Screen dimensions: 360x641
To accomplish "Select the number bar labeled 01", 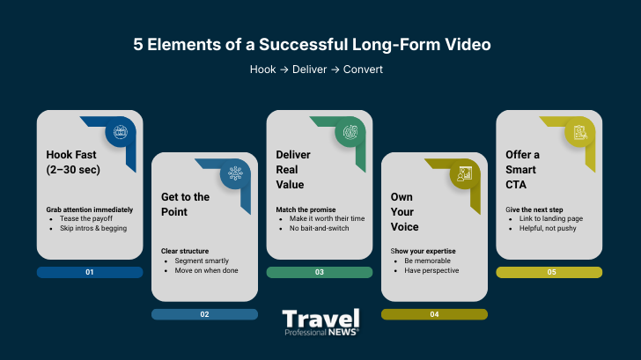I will (x=90, y=272).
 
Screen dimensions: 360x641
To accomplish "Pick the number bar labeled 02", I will (x=204, y=314).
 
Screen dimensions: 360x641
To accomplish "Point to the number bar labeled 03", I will (x=320, y=272).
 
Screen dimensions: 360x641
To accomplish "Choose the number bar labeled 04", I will (x=434, y=314).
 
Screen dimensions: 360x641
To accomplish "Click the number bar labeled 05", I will (x=549, y=272).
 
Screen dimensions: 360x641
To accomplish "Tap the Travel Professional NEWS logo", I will (x=320, y=323).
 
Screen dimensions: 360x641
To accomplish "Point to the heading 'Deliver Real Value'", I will (x=292, y=170).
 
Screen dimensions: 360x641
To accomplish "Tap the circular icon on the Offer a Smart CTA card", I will (x=578, y=133).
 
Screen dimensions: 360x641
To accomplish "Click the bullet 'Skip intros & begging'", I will (x=93, y=228).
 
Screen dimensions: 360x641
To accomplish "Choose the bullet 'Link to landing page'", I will (x=551, y=218).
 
